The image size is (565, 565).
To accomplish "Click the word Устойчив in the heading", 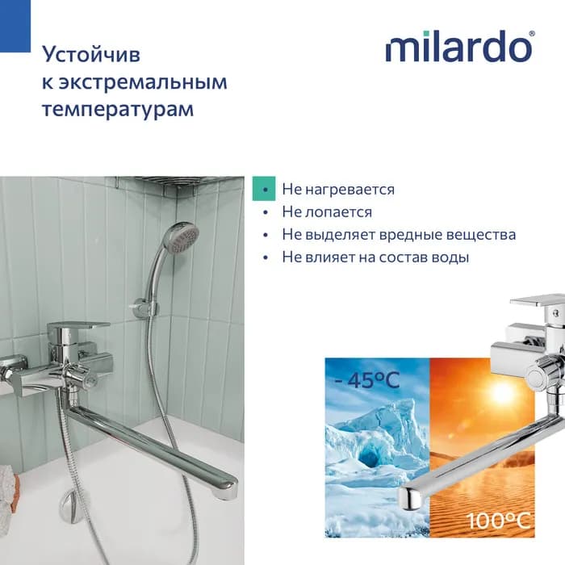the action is pos(91,55).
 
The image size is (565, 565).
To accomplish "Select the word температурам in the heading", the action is pos(118,110).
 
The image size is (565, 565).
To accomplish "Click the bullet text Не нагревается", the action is pos(338,190).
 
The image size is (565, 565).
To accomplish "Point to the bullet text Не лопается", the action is pos(327,212).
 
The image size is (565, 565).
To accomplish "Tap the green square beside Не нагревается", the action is pos(264,188).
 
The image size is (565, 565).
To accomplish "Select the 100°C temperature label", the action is pos(499,521).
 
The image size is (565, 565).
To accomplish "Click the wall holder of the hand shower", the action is pos(144,308).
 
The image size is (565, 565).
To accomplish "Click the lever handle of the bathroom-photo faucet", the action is pos(80,327).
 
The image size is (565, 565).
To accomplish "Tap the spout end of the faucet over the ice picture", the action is pos(408,498).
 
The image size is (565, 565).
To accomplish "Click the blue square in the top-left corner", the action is pos(15,26).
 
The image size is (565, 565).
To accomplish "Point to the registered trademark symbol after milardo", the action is pos(531,34).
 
